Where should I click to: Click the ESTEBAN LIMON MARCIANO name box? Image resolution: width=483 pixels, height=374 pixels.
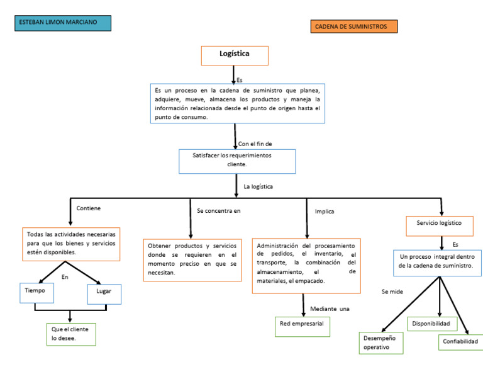[62, 23]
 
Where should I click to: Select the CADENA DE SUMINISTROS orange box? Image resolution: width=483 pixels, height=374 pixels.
[354, 26]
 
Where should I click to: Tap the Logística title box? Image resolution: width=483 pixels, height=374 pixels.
[235, 55]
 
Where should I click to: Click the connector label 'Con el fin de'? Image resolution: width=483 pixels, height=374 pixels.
[255, 144]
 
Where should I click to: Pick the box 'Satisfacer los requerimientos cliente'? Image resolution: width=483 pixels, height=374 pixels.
[236, 161]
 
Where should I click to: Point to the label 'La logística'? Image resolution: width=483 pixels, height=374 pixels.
[258, 186]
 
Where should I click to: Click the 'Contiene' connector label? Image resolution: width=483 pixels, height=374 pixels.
[89, 208]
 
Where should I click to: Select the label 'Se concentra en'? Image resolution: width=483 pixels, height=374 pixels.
[218, 210]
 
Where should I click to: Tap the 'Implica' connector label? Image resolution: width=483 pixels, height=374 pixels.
[325, 212]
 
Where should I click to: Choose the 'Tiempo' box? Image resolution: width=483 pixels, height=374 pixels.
[36, 292]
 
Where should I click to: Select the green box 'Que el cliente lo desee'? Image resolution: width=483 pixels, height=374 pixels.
[70, 334]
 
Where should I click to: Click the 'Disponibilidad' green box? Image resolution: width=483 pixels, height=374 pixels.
[431, 324]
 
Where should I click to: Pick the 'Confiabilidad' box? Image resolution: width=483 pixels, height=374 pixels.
[460, 342]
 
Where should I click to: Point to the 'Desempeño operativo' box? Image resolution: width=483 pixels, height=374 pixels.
[380, 343]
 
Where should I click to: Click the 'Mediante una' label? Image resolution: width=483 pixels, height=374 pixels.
[330, 309]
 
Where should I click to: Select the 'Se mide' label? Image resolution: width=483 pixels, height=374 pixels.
[392, 292]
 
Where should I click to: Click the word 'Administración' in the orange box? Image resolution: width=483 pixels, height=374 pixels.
[277, 246]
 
